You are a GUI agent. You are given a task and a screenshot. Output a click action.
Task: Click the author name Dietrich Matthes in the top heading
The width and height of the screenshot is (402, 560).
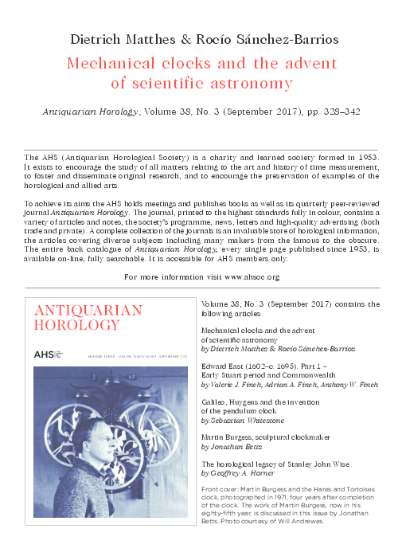[123, 39]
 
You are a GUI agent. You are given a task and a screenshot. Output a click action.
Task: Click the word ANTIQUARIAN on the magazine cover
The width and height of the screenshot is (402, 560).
[88, 311]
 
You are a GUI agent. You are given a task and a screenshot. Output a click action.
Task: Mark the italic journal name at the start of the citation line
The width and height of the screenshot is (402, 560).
[89, 112]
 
